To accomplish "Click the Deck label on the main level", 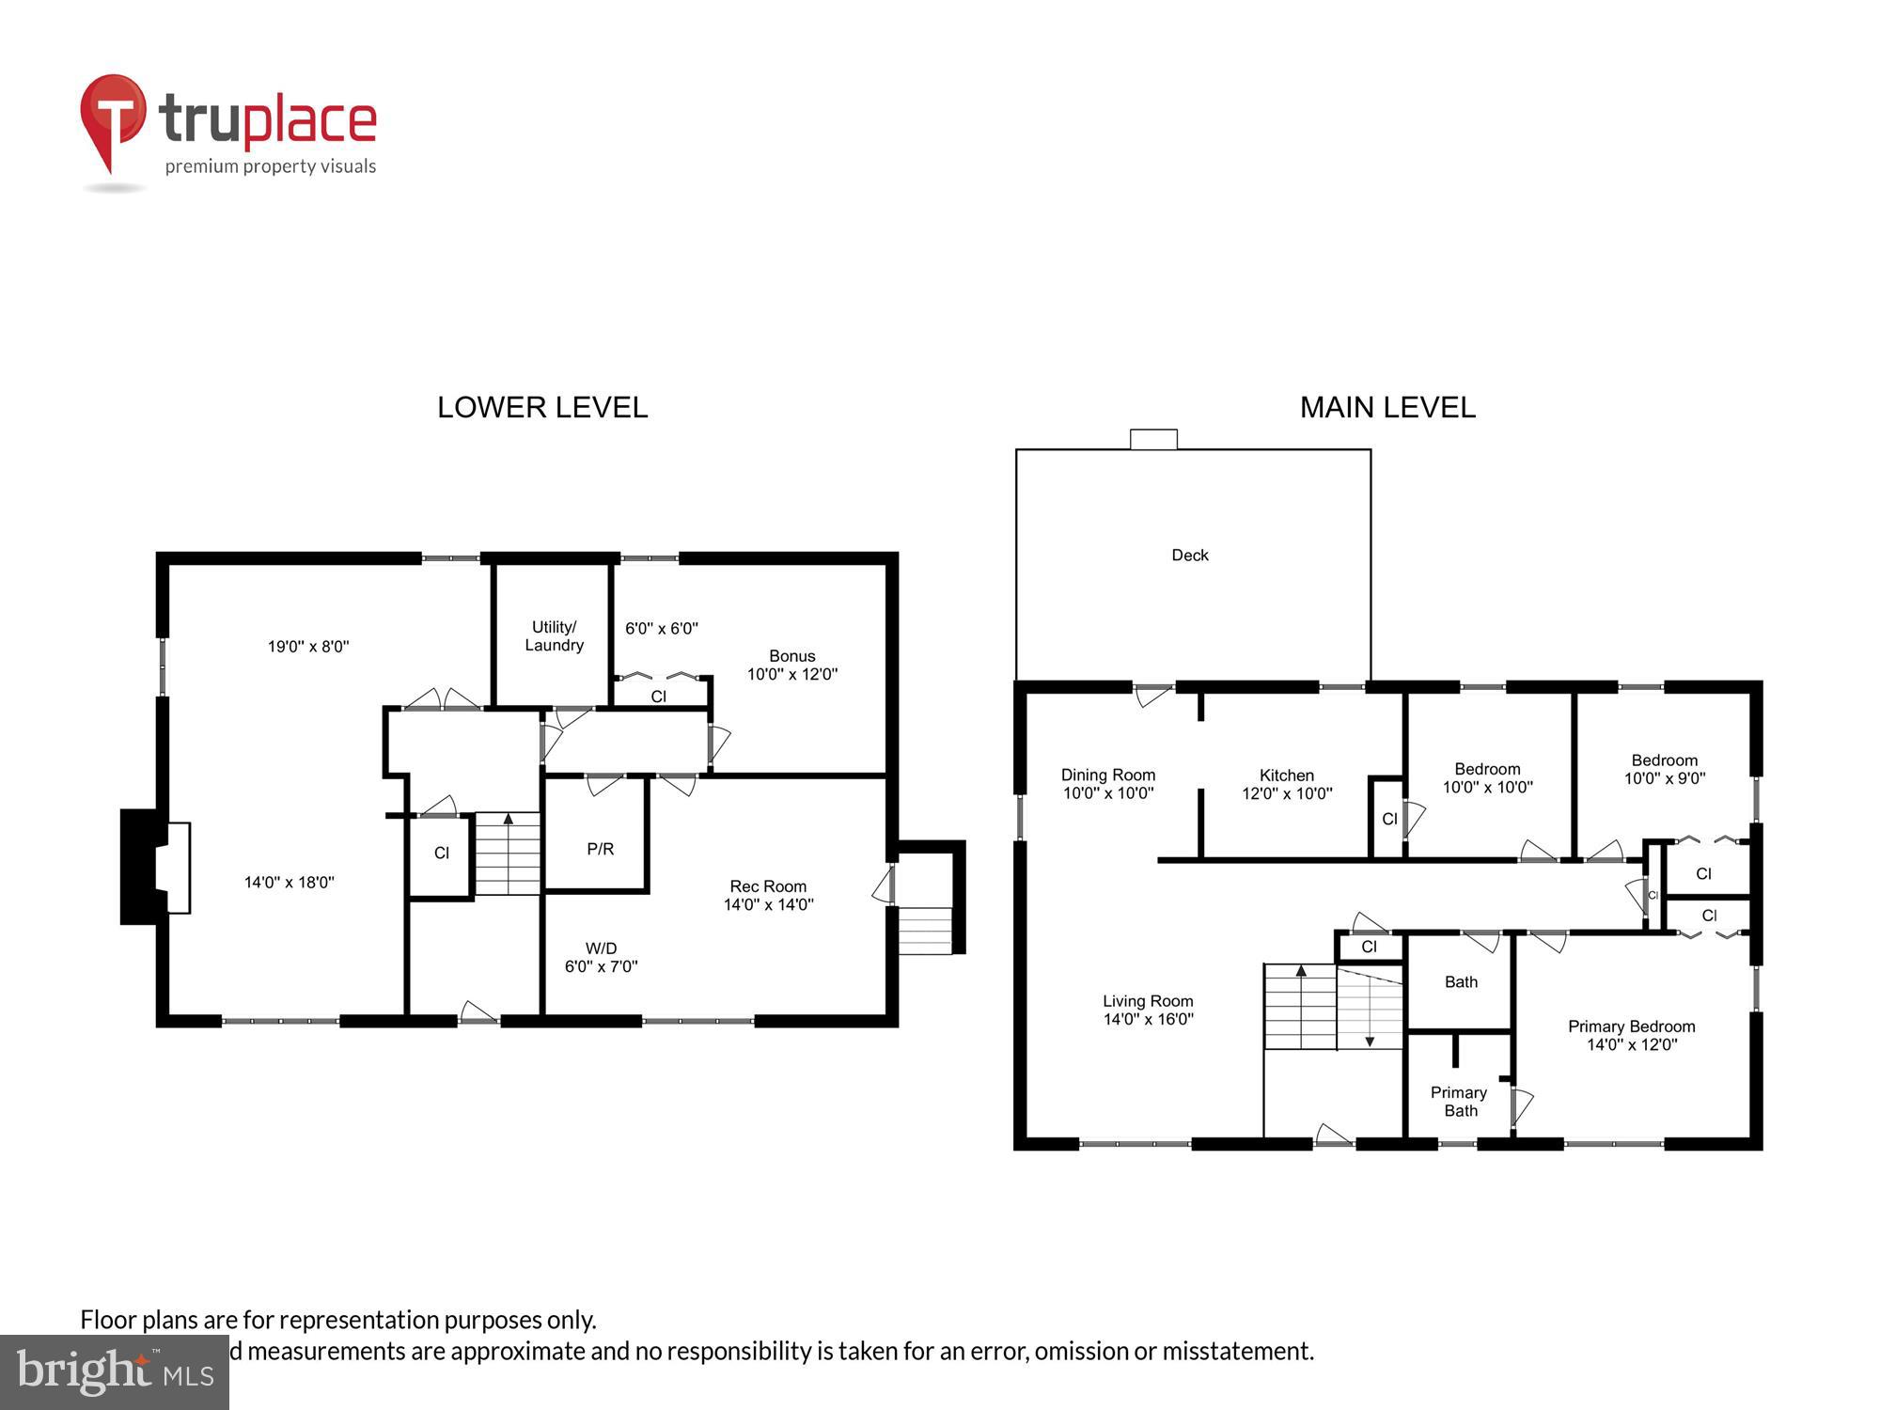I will point(1189,556).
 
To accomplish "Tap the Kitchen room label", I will point(1286,784).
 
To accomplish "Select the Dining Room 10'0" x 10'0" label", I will point(1108,784).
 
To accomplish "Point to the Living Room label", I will point(1148,1010).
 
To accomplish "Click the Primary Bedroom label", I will point(1631,1035).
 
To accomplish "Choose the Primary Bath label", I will point(1459,1102).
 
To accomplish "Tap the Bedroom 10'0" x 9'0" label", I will point(1664,769).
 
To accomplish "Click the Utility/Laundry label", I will point(554,636).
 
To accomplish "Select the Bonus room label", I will point(791,665).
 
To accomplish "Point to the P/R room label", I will point(600,849).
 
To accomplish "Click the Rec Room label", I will point(768,895).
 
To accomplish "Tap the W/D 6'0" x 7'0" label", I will point(601,957).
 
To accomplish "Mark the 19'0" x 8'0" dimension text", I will point(308,647).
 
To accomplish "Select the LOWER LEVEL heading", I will point(542,407).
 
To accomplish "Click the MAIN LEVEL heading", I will point(1387,407).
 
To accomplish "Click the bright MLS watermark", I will point(114,1372).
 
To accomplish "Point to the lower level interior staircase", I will point(508,854).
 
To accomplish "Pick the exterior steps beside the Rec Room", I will point(925,931).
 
